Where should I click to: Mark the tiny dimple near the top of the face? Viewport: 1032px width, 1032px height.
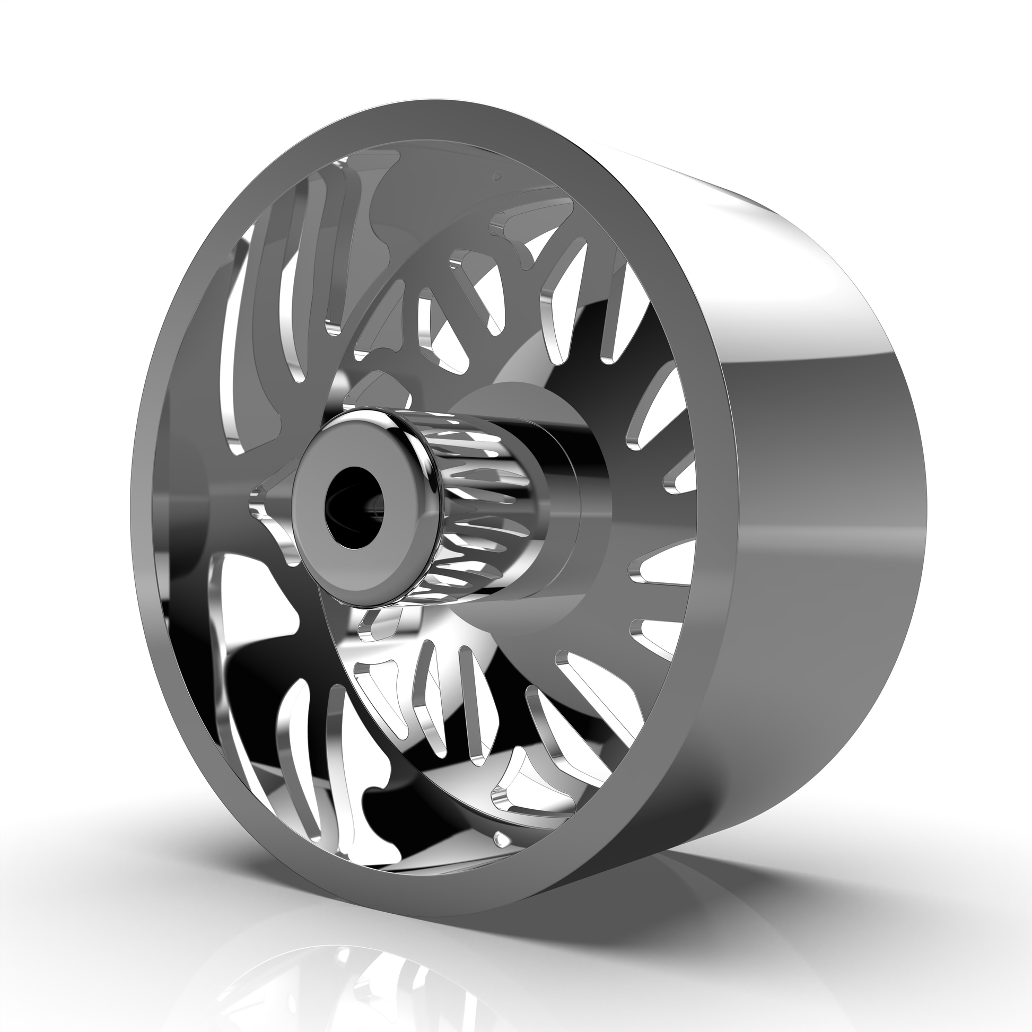click(x=498, y=175)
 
